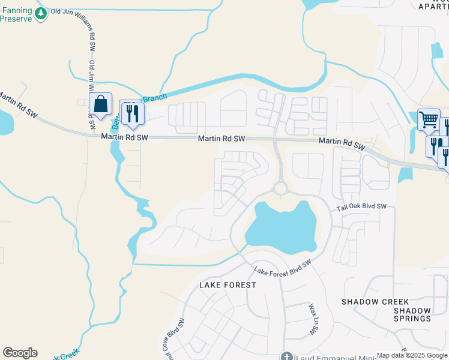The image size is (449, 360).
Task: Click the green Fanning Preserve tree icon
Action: click(41, 14)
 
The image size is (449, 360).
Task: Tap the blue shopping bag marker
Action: click(100, 104)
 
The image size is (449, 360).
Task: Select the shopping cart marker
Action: click(429, 119)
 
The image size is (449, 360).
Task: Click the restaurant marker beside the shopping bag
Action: click(131, 113)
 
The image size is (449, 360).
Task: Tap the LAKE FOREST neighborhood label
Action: click(228, 285)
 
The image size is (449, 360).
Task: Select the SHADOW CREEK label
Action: click(375, 301)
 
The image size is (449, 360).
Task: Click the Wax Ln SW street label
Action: click(313, 319)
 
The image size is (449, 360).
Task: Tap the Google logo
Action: click(20, 353)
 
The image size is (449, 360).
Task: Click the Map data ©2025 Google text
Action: click(412, 355)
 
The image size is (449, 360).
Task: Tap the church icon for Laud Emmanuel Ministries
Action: click(287, 357)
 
